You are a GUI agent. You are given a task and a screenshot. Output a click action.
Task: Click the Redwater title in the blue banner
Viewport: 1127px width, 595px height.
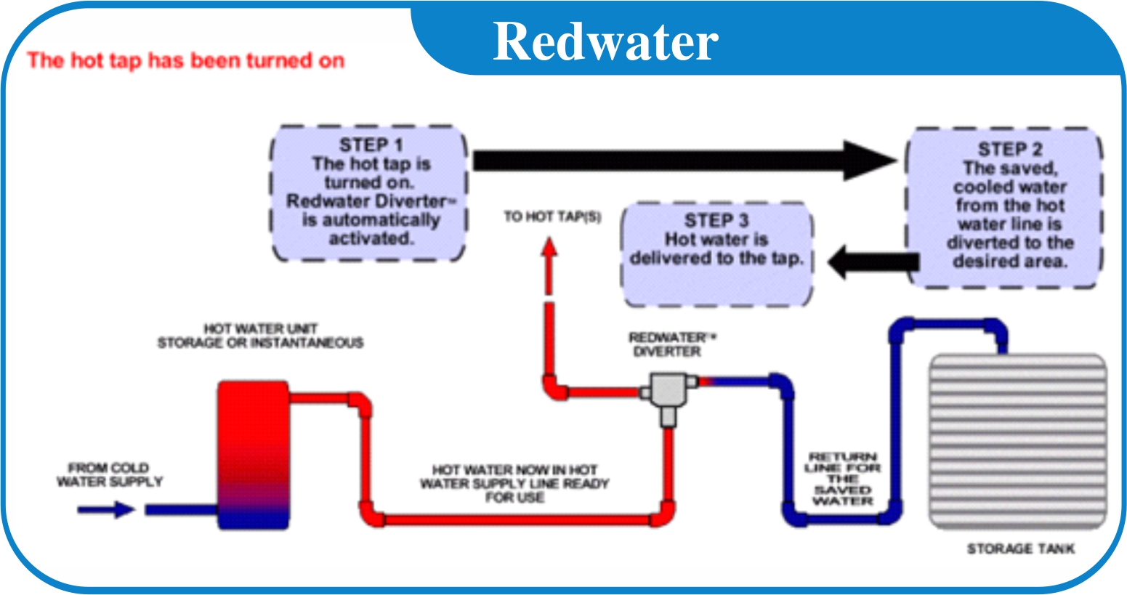pyautogui.click(x=605, y=41)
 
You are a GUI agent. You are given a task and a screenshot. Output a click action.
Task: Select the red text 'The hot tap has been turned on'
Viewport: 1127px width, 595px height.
pyautogui.click(x=185, y=60)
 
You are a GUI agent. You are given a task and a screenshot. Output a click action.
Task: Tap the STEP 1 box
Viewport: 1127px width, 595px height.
pyautogui.click(x=368, y=193)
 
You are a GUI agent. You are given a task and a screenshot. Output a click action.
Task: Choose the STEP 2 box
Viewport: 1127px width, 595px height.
pyautogui.click(x=1007, y=207)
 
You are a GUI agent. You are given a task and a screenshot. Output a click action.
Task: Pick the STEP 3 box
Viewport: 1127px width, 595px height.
pyautogui.click(x=716, y=254)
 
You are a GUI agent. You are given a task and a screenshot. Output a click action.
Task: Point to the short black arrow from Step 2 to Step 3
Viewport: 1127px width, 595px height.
pyautogui.click(x=872, y=262)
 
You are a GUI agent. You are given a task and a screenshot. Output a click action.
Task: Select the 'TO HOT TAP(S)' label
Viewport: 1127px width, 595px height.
pyautogui.click(x=552, y=216)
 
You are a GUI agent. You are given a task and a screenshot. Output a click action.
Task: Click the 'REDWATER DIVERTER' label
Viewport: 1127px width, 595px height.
pyautogui.click(x=667, y=344)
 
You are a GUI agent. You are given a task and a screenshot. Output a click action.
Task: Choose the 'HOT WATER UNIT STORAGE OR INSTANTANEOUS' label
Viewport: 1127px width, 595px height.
pyautogui.click(x=260, y=336)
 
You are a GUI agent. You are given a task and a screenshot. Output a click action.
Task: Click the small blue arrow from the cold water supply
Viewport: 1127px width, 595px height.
pyautogui.click(x=106, y=510)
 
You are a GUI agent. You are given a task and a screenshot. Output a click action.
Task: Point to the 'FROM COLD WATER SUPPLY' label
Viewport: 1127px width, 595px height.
pyautogui.click(x=110, y=475)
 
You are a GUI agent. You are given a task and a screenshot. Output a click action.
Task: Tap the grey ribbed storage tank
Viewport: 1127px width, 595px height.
pyautogui.click(x=1017, y=441)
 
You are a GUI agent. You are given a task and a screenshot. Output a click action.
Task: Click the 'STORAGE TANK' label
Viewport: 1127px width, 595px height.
pyautogui.click(x=1020, y=549)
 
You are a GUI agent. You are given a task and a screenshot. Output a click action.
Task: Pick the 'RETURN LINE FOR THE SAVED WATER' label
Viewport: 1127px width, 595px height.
pyautogui.click(x=842, y=479)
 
